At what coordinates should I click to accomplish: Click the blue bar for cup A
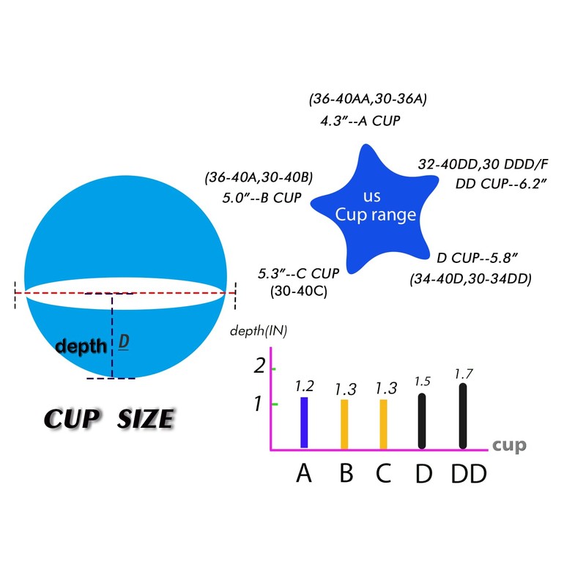click(x=304, y=423)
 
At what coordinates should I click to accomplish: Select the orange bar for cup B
click(x=344, y=424)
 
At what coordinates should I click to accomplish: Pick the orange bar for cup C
click(x=383, y=424)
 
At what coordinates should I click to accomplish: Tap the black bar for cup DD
click(x=463, y=416)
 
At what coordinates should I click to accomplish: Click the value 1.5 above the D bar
click(x=423, y=381)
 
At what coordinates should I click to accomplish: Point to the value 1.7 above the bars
click(x=464, y=374)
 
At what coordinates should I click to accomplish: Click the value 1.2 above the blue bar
click(x=304, y=386)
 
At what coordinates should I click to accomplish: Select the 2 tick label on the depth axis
click(x=259, y=366)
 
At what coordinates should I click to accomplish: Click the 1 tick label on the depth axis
click(x=258, y=404)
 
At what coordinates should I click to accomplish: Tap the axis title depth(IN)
click(x=259, y=331)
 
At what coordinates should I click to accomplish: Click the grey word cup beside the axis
click(x=509, y=445)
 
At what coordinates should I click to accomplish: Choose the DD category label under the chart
click(x=469, y=473)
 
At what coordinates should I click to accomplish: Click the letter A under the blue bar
click(x=304, y=473)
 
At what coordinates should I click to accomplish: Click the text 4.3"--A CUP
click(x=360, y=121)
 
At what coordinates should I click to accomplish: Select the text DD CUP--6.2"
click(x=501, y=184)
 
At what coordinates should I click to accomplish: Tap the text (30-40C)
click(x=299, y=291)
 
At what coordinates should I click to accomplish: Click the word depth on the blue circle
click(x=81, y=346)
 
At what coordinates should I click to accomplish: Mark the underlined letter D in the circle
click(x=124, y=341)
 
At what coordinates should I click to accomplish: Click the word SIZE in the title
click(x=145, y=418)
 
